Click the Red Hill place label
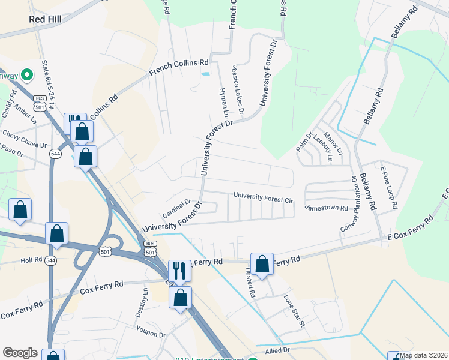[46, 19]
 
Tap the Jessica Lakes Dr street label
[237, 91]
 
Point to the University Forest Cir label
[263, 196]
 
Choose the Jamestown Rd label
[327, 208]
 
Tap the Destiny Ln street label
[142, 303]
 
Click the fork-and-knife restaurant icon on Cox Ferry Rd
[179, 270]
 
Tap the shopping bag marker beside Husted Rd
[262, 264]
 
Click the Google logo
[20, 353]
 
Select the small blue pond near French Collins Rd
[206, 74]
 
